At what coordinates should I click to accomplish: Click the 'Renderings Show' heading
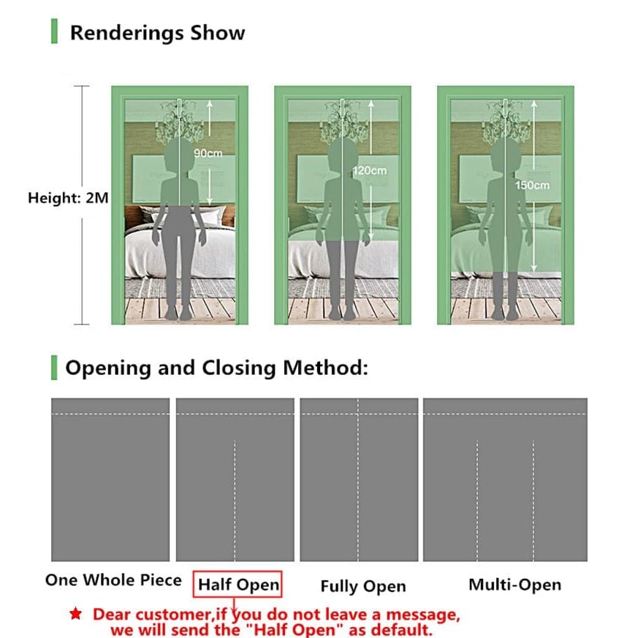(157, 33)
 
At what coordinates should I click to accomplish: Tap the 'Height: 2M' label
(68, 198)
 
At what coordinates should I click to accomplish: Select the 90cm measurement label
(208, 153)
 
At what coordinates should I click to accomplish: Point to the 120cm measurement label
(370, 170)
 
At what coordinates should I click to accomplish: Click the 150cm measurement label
(532, 186)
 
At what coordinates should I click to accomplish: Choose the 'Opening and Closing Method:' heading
(216, 368)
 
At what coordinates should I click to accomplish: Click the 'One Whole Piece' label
(113, 580)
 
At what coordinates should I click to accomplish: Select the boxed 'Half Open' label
(238, 585)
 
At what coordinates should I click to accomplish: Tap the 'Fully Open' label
(363, 586)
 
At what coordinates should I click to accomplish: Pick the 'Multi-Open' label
(514, 585)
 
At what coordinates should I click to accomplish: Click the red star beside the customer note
(76, 614)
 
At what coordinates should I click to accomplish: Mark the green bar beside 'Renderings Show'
(54, 31)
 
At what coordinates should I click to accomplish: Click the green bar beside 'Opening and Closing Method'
(54, 368)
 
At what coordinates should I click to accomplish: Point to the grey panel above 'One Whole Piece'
(110, 479)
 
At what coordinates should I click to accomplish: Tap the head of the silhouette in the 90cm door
(178, 155)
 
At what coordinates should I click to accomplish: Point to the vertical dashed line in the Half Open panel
(235, 501)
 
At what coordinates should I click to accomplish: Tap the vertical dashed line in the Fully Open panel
(358, 480)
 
